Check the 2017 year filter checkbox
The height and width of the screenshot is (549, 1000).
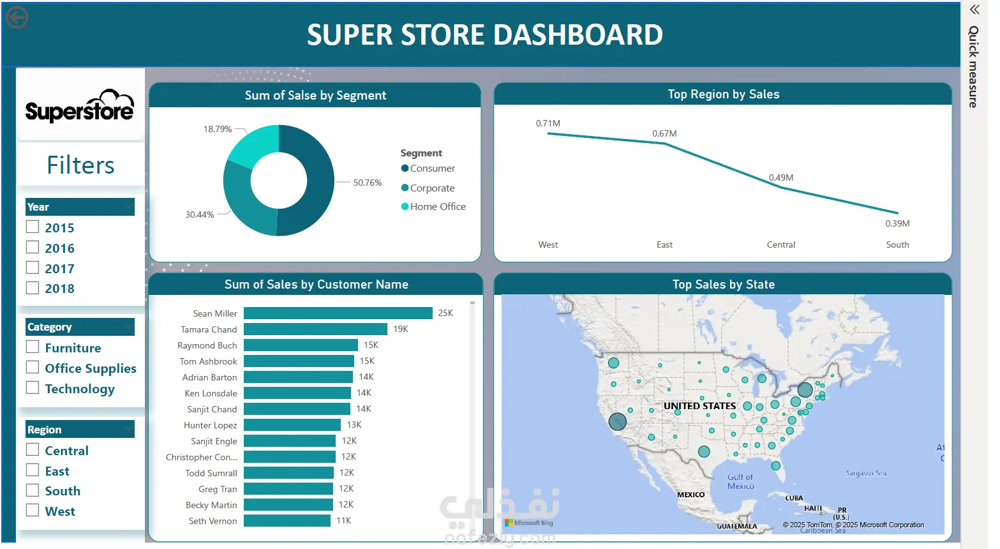pyautogui.click(x=32, y=267)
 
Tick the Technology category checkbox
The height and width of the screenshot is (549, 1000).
pyautogui.click(x=32, y=387)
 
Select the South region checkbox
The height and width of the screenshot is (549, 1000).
pyautogui.click(x=32, y=490)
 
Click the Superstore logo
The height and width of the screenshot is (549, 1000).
pyautogui.click(x=80, y=106)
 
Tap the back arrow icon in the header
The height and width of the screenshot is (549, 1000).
pyautogui.click(x=17, y=18)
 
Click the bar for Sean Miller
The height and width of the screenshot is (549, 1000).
pyautogui.click(x=338, y=313)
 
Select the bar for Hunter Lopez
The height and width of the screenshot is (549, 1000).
pyautogui.click(x=292, y=425)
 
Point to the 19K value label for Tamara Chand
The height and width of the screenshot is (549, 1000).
pyautogui.click(x=400, y=329)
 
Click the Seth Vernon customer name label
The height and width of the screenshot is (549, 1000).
pyautogui.click(x=213, y=521)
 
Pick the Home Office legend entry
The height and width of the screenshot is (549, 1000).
pyautogui.click(x=433, y=206)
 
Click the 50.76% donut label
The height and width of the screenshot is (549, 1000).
pyautogui.click(x=368, y=183)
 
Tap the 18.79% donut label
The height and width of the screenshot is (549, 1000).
pyautogui.click(x=218, y=129)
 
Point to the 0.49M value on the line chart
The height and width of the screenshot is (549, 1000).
pyautogui.click(x=781, y=177)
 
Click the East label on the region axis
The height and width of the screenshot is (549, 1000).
pyautogui.click(x=664, y=244)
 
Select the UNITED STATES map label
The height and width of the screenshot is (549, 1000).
pyautogui.click(x=699, y=406)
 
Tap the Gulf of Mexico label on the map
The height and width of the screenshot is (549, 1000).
pyautogui.click(x=741, y=481)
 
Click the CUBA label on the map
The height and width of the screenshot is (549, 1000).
pyautogui.click(x=794, y=498)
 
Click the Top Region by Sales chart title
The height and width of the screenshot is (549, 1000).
pyautogui.click(x=723, y=94)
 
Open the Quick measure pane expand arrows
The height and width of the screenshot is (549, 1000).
pyautogui.click(x=974, y=10)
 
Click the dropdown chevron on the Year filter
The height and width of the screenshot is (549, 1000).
pyautogui.click(x=128, y=206)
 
